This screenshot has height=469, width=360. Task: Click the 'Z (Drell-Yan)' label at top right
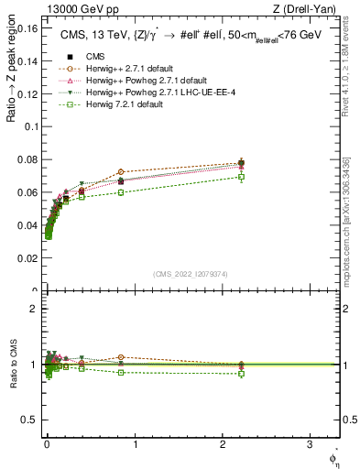tap(308, 8)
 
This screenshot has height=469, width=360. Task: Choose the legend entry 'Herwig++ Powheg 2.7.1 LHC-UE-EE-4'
tap(146, 93)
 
